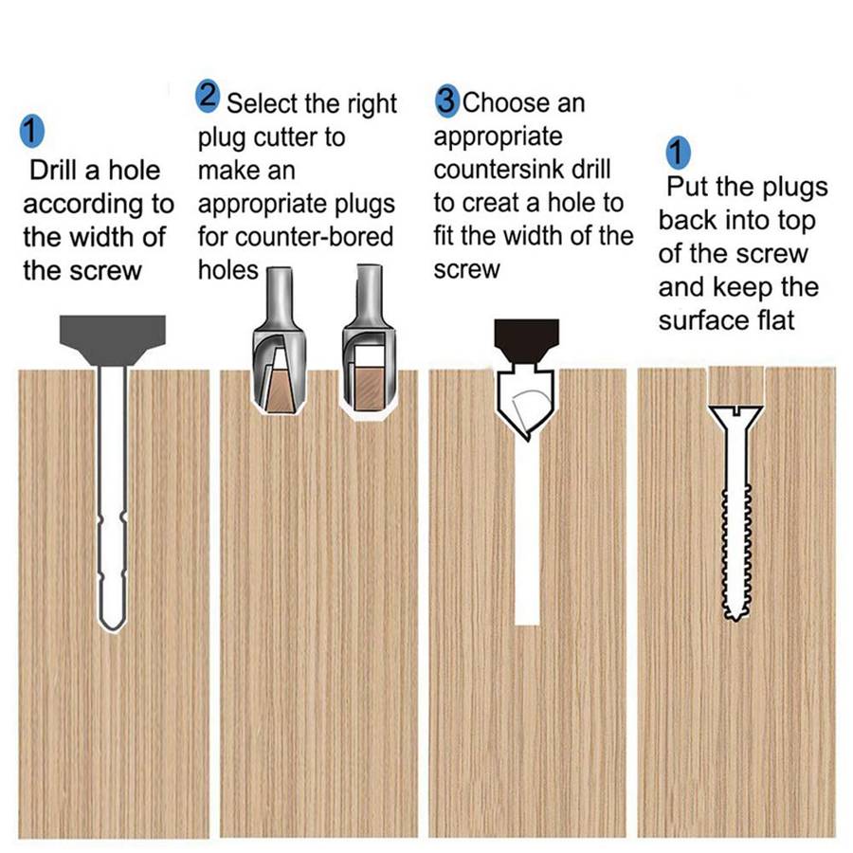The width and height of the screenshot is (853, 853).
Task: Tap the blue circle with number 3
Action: [446, 99]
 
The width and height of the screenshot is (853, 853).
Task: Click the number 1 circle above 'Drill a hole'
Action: [32, 132]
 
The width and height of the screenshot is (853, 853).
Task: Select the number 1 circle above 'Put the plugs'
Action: [679, 152]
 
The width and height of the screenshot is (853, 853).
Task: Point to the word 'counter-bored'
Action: [323, 236]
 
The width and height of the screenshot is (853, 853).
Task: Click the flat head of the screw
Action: [735, 411]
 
